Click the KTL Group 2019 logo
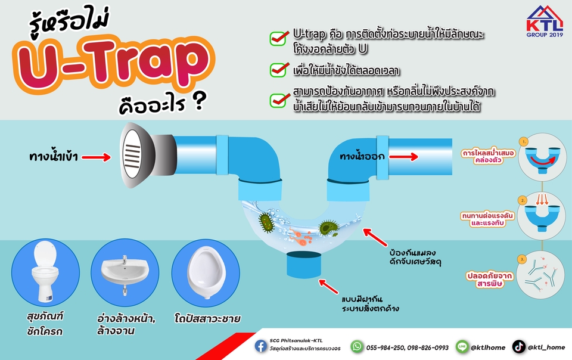point(545,21)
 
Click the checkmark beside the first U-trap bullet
point(279,38)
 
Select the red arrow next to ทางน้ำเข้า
point(97,157)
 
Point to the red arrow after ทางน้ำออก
point(403,157)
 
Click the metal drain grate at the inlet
point(132,156)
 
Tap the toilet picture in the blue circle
point(45,272)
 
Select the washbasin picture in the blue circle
point(125,273)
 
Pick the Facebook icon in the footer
point(261,346)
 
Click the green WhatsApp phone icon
point(357,346)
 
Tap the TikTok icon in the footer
point(519,347)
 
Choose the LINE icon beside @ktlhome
point(462,347)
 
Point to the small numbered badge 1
point(524,141)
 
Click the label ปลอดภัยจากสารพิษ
point(490,280)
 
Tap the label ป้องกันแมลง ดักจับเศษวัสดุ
point(415,257)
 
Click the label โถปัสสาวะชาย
point(207,319)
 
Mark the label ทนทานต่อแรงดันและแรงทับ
point(487,219)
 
